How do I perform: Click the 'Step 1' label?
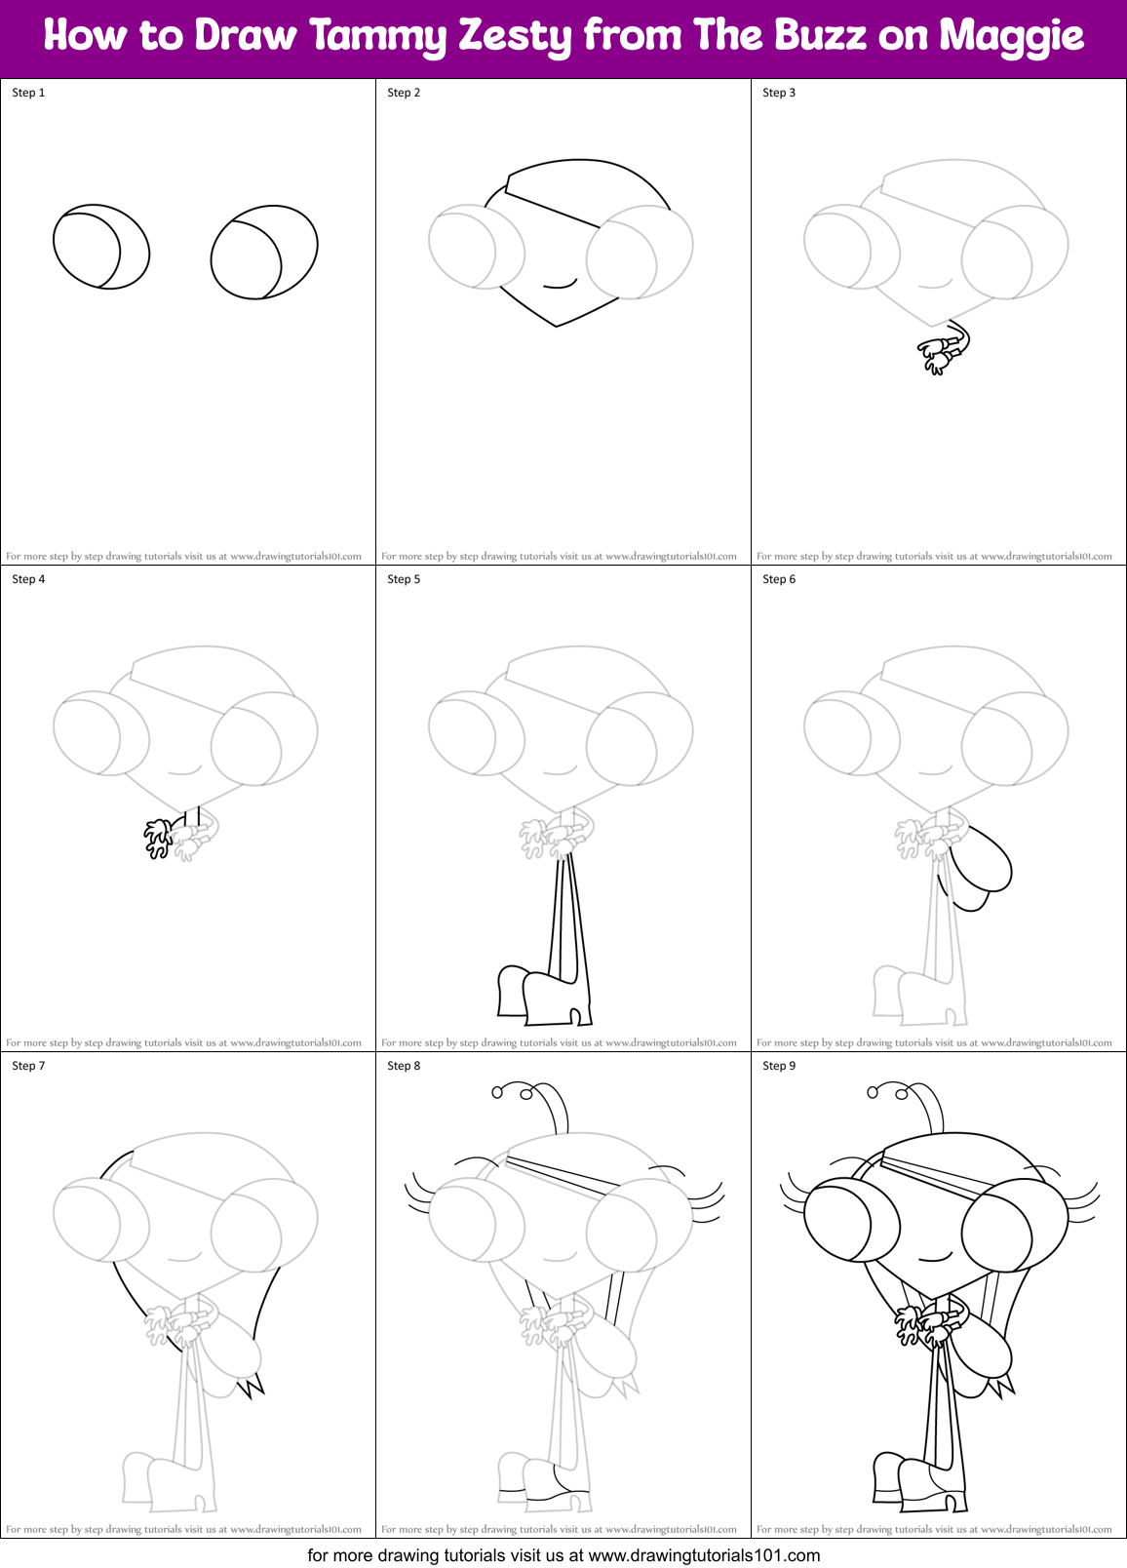pyautogui.click(x=28, y=93)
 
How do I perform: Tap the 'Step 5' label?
pyautogui.click(x=404, y=579)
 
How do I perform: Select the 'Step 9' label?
pyautogui.click(x=779, y=1066)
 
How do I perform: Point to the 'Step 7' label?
pyautogui.click(x=28, y=1066)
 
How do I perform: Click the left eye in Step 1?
pyautogui.click(x=100, y=246)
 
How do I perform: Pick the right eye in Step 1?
pyautogui.click(x=264, y=252)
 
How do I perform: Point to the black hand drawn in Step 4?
pyautogui.click(x=158, y=838)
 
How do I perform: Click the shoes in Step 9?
pyautogui.click(x=916, y=1482)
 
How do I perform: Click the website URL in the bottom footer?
pyautogui.click(x=704, y=1555)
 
